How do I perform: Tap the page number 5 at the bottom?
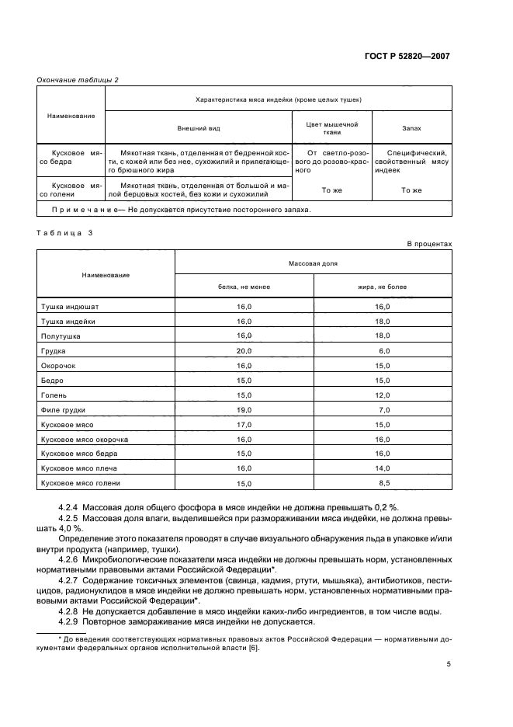(449, 664)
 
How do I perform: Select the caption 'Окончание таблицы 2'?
(78, 79)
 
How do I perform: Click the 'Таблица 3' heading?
(64, 231)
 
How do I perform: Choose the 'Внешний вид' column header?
(197, 127)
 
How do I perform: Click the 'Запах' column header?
(411, 127)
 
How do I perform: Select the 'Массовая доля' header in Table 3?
(313, 264)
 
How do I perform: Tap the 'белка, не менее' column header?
(244, 286)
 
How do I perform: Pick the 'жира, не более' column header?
(382, 286)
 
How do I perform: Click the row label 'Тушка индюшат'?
(70, 307)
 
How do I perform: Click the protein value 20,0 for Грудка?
(244, 350)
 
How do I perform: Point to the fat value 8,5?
(383, 483)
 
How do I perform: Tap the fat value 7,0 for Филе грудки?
(383, 409)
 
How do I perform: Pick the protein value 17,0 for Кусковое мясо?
(244, 424)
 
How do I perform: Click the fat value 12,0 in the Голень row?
(382, 395)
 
